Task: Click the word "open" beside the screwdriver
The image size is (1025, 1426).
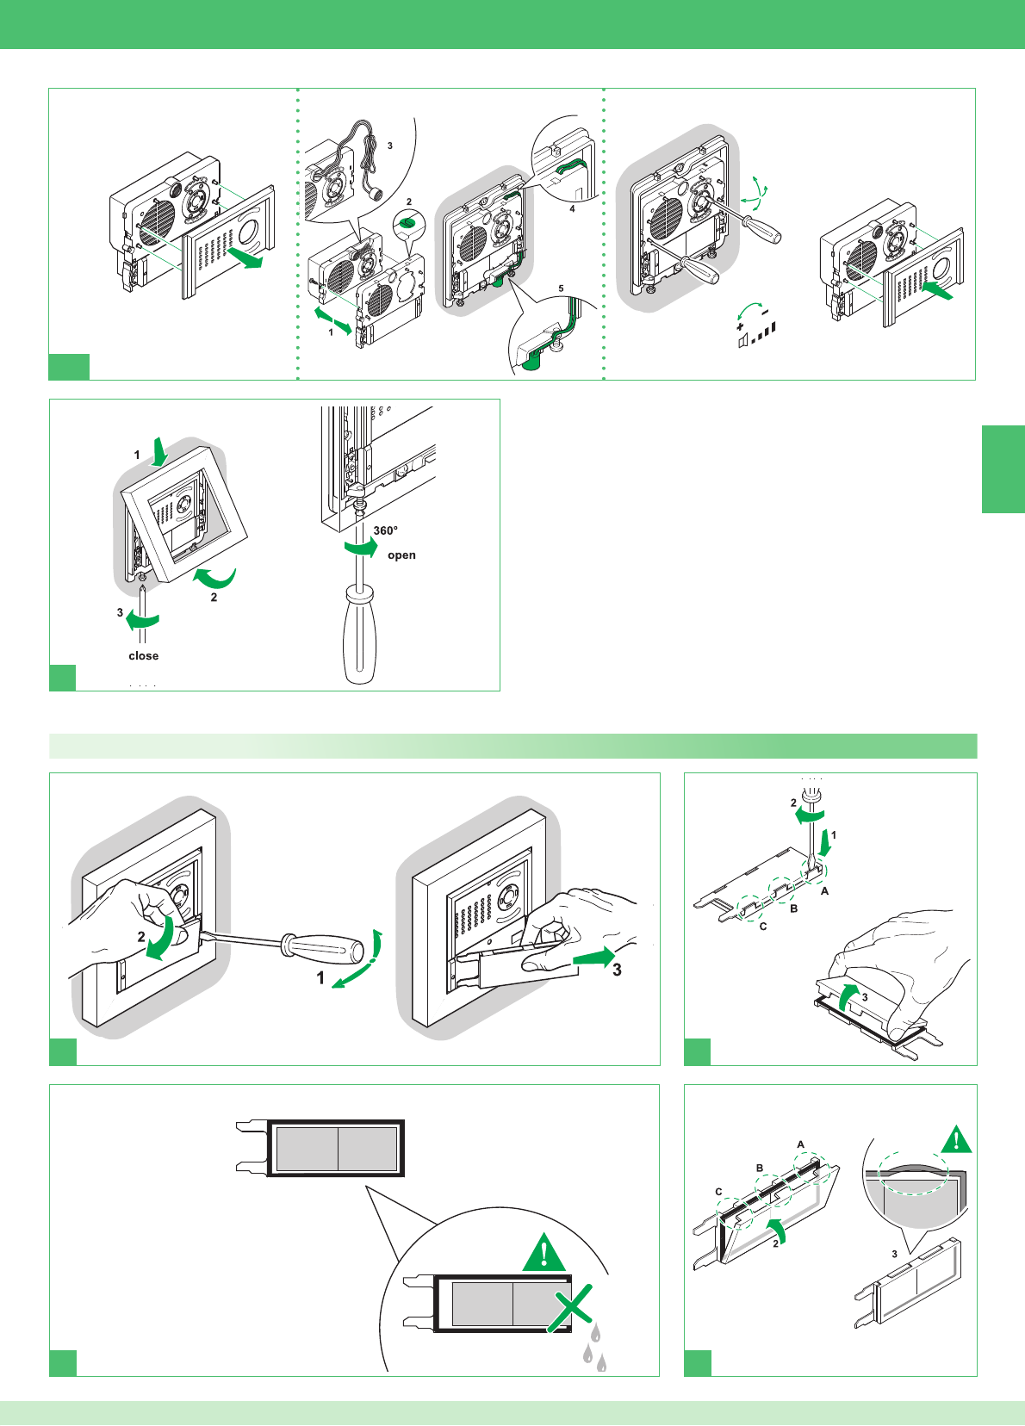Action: (401, 555)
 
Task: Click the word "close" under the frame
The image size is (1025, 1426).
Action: (144, 656)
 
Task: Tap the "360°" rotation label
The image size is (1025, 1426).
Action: (385, 530)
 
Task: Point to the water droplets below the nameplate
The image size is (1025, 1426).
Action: (593, 1348)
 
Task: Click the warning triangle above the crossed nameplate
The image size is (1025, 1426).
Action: (544, 1253)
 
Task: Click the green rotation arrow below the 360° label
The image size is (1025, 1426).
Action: (361, 548)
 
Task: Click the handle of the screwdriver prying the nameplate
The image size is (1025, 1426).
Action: (326, 949)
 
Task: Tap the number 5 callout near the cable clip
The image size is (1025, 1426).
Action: (561, 288)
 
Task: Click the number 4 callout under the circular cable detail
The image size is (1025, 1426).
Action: (572, 208)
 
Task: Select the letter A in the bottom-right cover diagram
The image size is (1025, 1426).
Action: (801, 1144)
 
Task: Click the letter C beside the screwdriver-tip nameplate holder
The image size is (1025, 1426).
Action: (763, 927)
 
